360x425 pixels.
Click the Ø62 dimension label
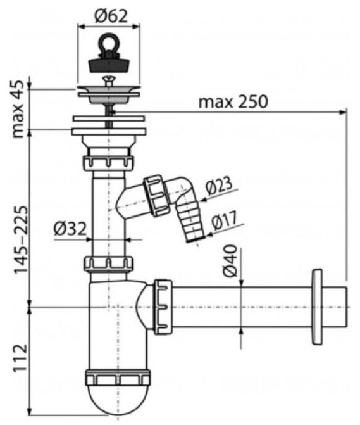point(111,16)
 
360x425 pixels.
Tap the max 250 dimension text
point(233,101)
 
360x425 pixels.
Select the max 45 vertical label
point(18,109)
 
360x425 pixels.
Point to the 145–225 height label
point(21,239)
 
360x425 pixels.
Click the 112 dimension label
point(21,357)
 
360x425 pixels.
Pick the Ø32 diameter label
point(70,229)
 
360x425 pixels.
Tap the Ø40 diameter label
point(230,261)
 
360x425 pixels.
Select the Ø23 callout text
point(219,186)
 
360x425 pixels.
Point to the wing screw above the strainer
point(109,80)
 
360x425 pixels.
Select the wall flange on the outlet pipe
point(317,307)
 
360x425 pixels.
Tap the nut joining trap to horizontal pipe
point(163,307)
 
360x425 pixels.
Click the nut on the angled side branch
point(156,195)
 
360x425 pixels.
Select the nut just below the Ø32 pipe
point(109,263)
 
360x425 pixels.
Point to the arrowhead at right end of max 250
point(343,111)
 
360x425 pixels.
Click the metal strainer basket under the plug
point(109,95)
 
